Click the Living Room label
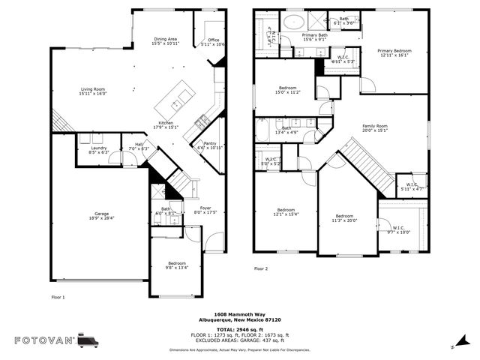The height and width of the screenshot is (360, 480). pos(93,88)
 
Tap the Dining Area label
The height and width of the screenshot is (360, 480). pos(166,39)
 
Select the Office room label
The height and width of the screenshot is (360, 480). pos(214,40)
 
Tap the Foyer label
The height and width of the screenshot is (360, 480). pos(205,208)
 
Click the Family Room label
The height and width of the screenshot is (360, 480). pos(375,125)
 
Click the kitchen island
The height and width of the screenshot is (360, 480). pos(179,97)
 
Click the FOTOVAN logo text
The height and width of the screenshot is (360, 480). pos(44,340)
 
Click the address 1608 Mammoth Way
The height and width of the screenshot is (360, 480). pos(239,314)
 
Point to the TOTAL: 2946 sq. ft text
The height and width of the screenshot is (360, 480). pos(239,328)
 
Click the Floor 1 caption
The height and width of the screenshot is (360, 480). pos(58,297)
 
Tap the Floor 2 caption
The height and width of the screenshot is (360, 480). pos(260,268)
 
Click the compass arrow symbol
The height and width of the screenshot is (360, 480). pos(454,346)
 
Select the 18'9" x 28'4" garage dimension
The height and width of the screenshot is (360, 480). pos(100,218)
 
